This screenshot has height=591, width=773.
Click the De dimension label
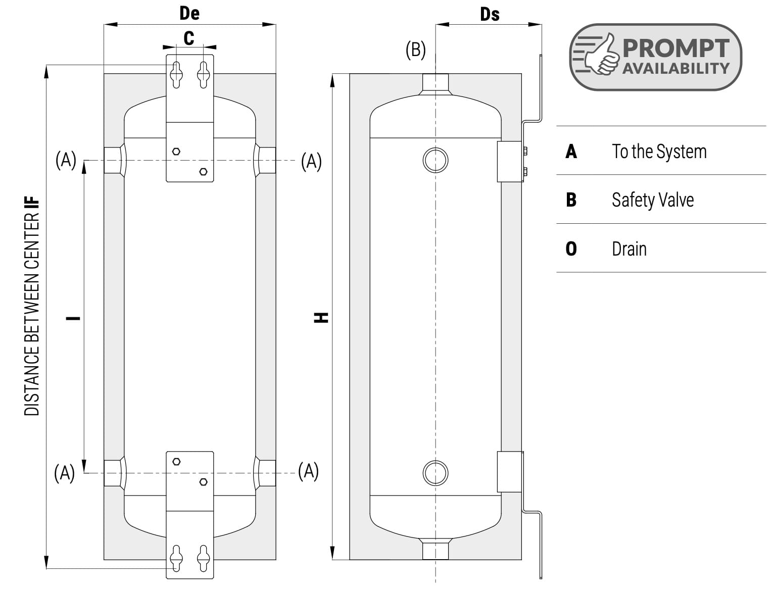[x=189, y=14]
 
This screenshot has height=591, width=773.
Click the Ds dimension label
[x=490, y=15]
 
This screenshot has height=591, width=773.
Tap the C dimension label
[x=189, y=38]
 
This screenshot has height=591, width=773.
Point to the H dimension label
[x=321, y=317]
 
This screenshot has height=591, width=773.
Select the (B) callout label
[x=416, y=50]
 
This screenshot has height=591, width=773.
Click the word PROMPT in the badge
[x=676, y=48]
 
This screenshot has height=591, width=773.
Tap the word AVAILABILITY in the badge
[x=676, y=68]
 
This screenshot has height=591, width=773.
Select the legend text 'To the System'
[x=659, y=152]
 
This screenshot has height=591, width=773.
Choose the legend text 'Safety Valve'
[x=653, y=201]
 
